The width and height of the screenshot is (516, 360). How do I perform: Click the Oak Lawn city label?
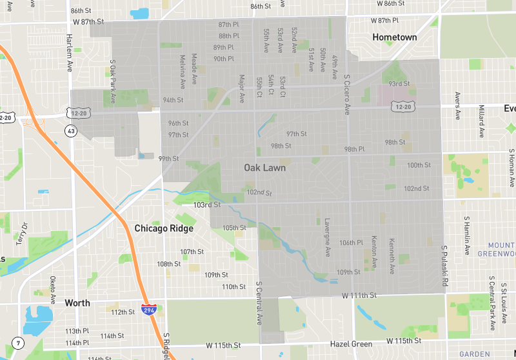pyautogui.click(x=264, y=168)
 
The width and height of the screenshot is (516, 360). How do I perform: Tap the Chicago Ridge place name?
pyautogui.click(x=164, y=228)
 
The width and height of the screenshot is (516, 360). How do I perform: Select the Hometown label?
pyautogui.click(x=395, y=37)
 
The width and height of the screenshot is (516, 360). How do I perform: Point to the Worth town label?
pyautogui.click(x=77, y=303)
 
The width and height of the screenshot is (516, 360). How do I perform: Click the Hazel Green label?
pyautogui.click(x=352, y=345)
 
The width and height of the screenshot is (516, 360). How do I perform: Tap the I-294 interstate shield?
pyautogui.click(x=148, y=310)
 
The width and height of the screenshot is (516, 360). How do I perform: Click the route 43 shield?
pyautogui.click(x=70, y=131)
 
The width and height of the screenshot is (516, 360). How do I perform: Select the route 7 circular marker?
pyautogui.click(x=17, y=343)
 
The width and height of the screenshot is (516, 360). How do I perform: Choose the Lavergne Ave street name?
pyautogui.click(x=327, y=235)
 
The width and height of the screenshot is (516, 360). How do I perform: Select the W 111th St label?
pyautogui.click(x=359, y=295)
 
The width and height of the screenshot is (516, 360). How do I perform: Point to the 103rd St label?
pyautogui.click(x=207, y=205)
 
